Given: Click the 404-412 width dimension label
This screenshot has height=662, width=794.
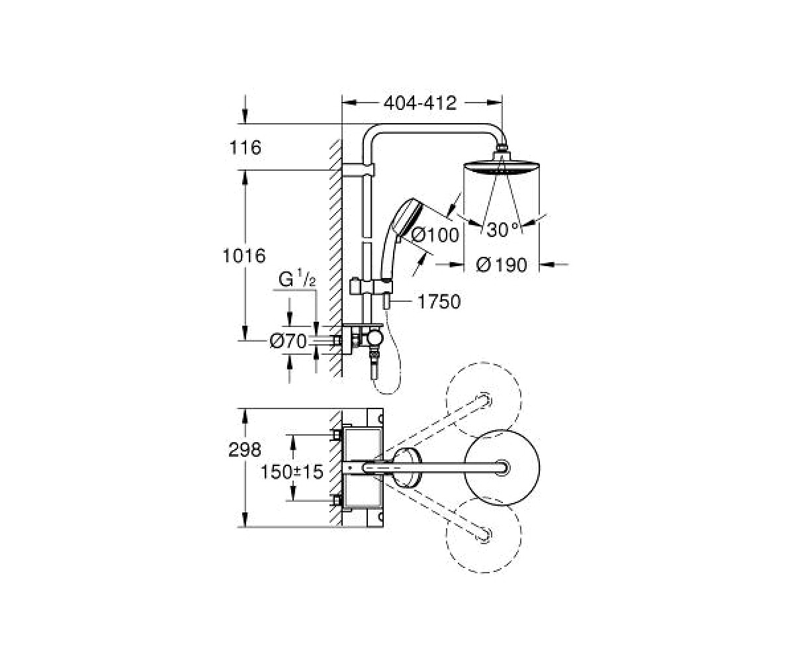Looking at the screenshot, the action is point(419,103).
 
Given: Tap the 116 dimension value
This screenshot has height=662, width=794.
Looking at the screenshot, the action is point(245,148).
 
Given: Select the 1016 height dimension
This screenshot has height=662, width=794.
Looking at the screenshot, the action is point(244,256).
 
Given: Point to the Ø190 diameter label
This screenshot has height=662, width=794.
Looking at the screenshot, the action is point(502,265).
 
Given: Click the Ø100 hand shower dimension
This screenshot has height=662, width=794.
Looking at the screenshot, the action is point(435,235).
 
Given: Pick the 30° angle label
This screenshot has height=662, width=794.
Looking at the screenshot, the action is point(503,230).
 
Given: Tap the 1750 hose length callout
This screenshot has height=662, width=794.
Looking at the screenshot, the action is point(439,302).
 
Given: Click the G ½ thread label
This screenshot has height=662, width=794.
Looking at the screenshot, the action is point(297,279).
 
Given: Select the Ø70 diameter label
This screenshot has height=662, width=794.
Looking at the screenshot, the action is point(288,342).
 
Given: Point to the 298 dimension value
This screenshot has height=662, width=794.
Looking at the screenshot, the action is point(245,450).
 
